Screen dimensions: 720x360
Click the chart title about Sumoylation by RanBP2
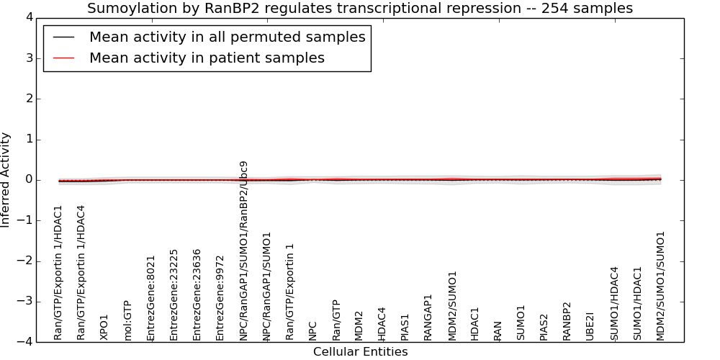(360, 8)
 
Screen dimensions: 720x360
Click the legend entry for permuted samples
(228, 37)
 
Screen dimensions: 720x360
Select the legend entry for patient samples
(207, 58)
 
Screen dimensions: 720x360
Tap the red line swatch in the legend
(64, 58)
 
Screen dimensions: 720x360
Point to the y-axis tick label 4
(30, 17)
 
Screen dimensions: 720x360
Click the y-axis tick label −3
(25, 301)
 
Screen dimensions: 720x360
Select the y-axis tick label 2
(30, 99)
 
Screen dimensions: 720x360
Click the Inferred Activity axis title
(5, 179)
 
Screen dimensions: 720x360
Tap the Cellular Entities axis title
(361, 352)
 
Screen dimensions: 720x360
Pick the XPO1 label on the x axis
(104, 328)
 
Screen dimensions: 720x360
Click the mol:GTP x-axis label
(127, 320)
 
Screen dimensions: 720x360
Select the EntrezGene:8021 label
(150, 299)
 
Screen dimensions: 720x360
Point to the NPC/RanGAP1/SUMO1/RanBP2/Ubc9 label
(243, 251)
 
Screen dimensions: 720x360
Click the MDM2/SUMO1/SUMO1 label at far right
(660, 286)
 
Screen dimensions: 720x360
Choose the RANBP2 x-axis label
(567, 321)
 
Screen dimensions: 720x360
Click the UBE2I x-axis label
(590, 326)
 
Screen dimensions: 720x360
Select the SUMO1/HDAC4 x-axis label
(614, 304)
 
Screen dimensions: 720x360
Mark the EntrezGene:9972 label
(220, 299)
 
